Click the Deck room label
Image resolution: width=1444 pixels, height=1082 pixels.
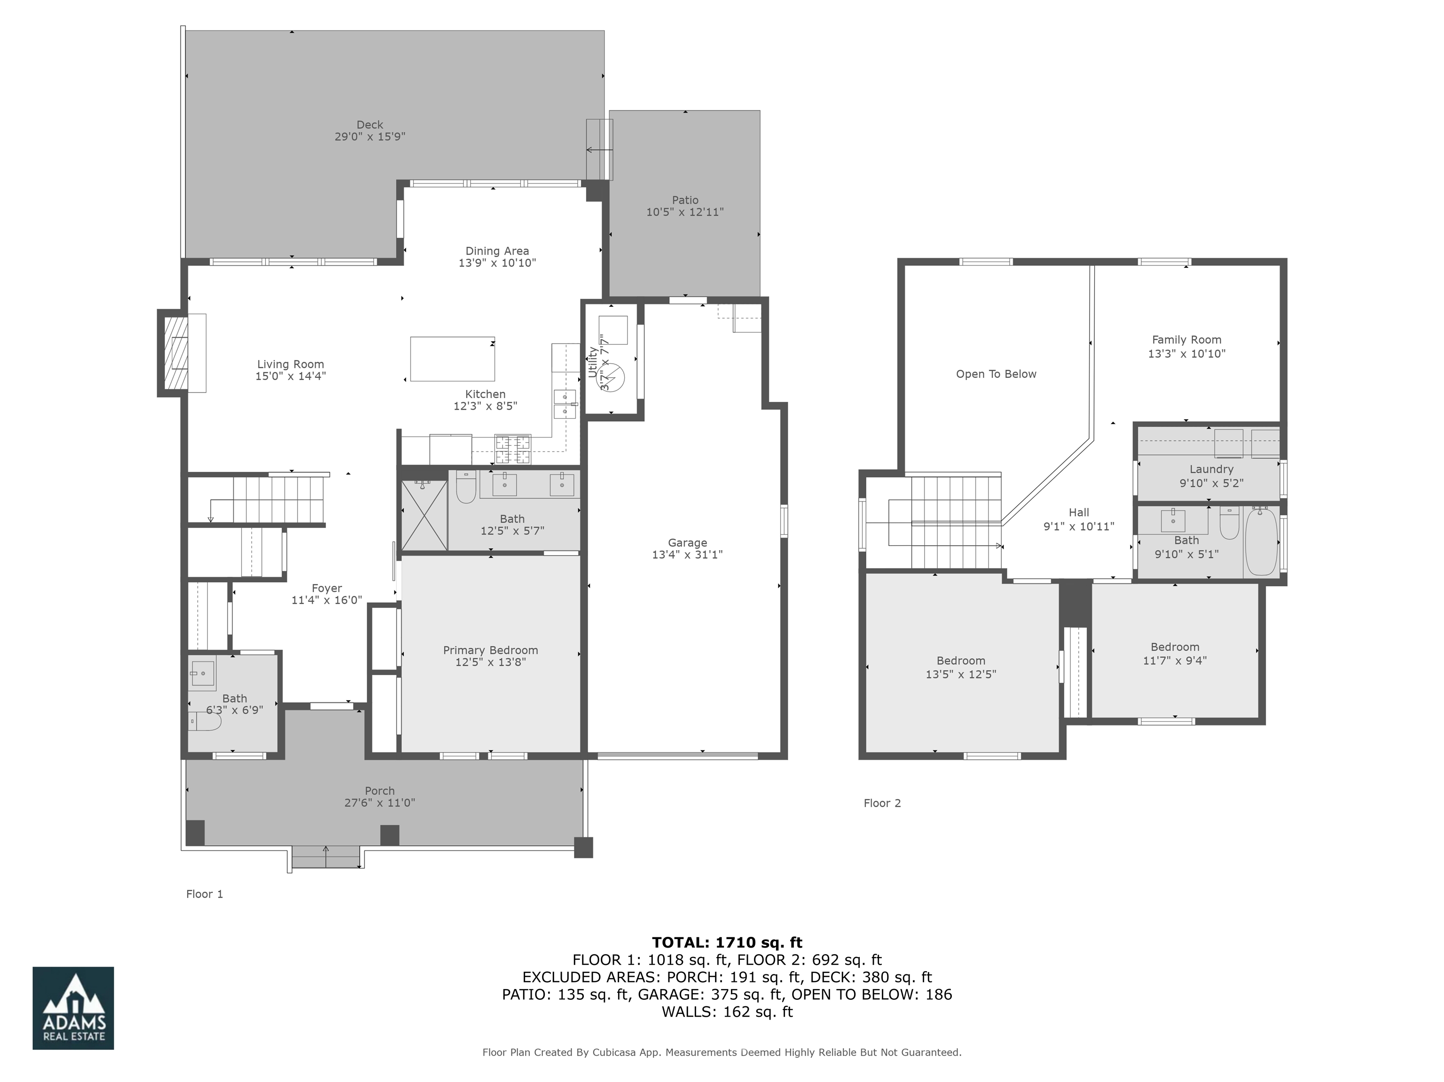click(369, 125)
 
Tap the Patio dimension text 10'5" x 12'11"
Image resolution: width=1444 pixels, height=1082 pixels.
click(685, 212)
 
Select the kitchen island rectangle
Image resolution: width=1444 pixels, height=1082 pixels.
click(452, 358)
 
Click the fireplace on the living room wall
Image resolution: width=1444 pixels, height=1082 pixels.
click(175, 352)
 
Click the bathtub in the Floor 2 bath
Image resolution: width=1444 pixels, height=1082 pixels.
click(1261, 542)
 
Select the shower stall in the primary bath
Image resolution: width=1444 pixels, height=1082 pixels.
click(424, 515)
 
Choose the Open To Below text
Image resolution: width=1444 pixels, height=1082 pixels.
click(996, 374)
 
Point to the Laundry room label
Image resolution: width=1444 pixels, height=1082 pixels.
click(1211, 469)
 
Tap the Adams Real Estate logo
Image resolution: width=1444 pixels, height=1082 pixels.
click(73, 1008)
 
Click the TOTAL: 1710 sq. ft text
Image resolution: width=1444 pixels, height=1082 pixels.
click(727, 942)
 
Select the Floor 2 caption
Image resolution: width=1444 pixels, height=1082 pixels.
click(882, 803)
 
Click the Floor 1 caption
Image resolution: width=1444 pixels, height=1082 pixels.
click(204, 894)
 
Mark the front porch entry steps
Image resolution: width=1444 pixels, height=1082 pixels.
click(325, 857)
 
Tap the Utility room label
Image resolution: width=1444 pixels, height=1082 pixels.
click(592, 362)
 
